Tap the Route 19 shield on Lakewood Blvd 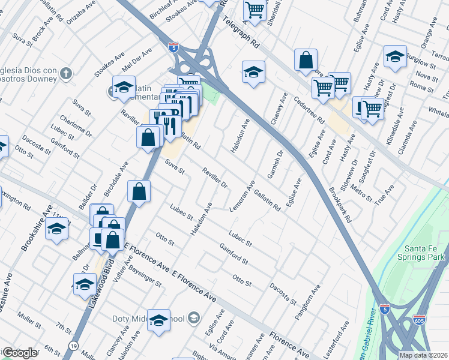point(73,346)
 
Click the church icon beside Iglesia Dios point(67,74)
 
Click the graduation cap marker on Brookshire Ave point(57,229)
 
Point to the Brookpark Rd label point(340,205)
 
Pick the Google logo point(20,353)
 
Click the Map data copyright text point(423,355)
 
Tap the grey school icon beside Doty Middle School point(194,317)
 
